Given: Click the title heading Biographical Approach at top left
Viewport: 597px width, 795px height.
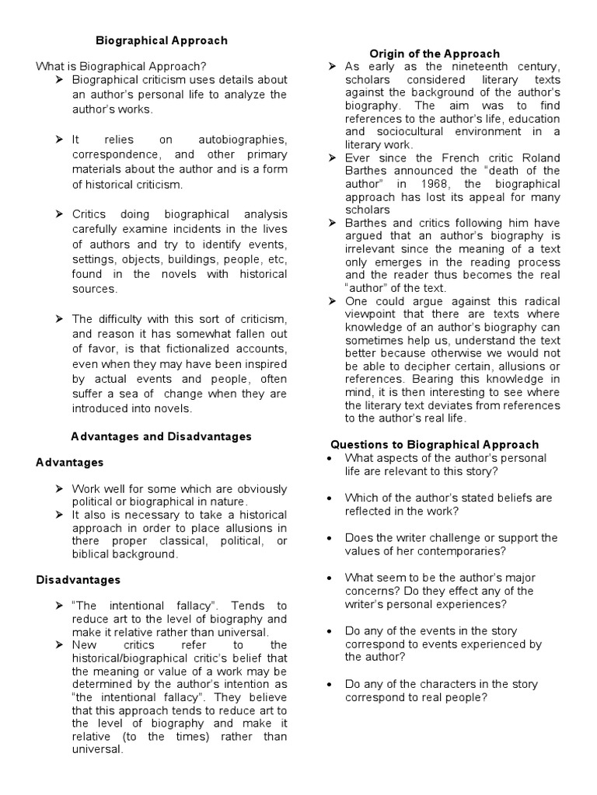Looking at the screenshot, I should [161, 40].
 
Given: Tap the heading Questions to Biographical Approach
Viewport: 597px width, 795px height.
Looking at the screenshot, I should [435, 444].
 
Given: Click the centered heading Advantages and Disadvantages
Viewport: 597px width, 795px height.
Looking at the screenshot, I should [161, 436].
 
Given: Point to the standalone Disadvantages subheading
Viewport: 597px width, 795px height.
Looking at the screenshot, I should [79, 579].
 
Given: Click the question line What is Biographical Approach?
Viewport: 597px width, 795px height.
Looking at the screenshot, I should [121, 66].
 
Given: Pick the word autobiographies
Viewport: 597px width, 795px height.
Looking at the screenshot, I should [243, 140].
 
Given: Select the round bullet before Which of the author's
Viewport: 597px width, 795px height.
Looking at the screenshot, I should [331, 498].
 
